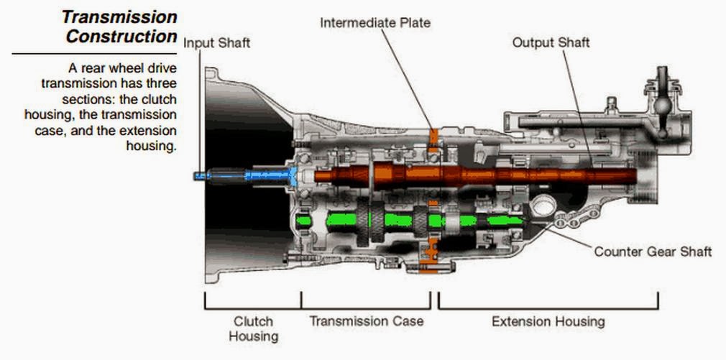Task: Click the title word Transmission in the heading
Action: click(119, 16)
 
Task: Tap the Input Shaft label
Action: click(217, 43)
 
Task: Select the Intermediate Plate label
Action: click(375, 22)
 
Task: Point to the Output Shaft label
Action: click(551, 42)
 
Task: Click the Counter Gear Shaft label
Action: click(653, 251)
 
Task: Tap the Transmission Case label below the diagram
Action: click(367, 320)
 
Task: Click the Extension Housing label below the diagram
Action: click(548, 321)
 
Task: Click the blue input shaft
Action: click(244, 175)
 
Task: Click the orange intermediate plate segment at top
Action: click(433, 137)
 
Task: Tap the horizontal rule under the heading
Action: click(93, 53)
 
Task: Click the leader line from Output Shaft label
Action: click(575, 101)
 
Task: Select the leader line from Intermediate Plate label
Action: click(406, 79)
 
